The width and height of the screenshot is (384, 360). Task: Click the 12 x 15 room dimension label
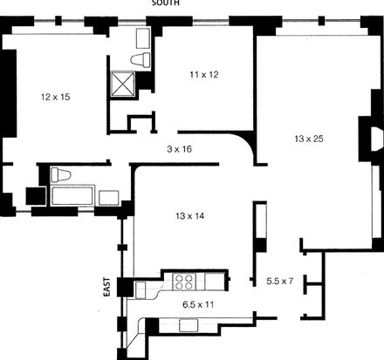(x=56, y=97)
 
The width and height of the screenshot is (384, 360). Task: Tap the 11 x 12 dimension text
(x=204, y=75)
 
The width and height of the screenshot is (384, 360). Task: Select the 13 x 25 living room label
(x=309, y=139)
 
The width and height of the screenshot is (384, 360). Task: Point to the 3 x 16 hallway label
(x=180, y=149)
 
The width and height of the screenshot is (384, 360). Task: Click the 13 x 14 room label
(x=190, y=216)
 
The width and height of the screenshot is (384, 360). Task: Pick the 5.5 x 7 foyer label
(x=280, y=281)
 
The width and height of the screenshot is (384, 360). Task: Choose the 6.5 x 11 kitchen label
(x=198, y=304)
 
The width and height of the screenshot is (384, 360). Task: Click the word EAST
(x=107, y=287)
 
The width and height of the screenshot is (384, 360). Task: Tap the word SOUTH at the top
(x=166, y=3)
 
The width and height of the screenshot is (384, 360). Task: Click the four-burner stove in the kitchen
(x=184, y=282)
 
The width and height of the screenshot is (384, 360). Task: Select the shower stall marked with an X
(x=123, y=84)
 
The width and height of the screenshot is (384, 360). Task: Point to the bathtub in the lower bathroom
(x=72, y=195)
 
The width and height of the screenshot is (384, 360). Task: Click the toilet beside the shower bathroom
(x=141, y=59)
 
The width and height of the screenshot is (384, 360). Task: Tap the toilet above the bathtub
(x=61, y=175)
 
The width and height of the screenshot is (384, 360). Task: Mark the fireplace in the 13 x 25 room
(x=376, y=139)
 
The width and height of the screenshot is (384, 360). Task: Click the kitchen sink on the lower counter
(x=189, y=325)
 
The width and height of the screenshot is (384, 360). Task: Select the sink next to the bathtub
(x=109, y=198)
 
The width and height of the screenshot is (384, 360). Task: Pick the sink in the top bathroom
(x=143, y=38)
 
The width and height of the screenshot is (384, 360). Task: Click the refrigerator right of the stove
(x=215, y=282)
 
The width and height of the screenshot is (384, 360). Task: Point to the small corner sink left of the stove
(x=141, y=289)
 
